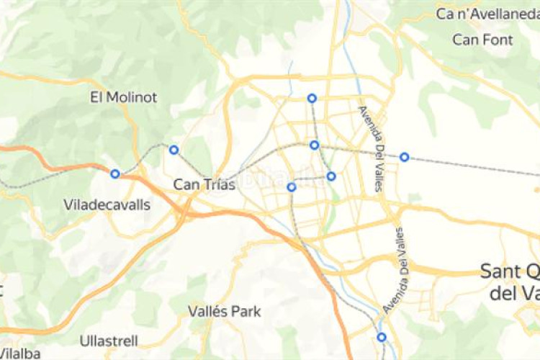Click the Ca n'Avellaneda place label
click(487, 14)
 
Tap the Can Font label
click(482, 40)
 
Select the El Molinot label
click(123, 97)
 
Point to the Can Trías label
click(204, 185)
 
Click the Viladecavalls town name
click(107, 205)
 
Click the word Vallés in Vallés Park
click(207, 312)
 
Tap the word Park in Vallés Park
click(246, 312)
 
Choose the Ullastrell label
click(109, 340)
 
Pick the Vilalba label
click(20, 354)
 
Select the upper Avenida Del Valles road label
click(372, 148)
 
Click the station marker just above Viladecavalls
click(115, 174)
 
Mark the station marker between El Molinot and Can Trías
click(174, 150)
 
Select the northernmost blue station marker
click(312, 98)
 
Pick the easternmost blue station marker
click(405, 157)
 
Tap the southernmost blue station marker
click(382, 337)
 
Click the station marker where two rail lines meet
click(315, 145)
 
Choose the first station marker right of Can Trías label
click(292, 187)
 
